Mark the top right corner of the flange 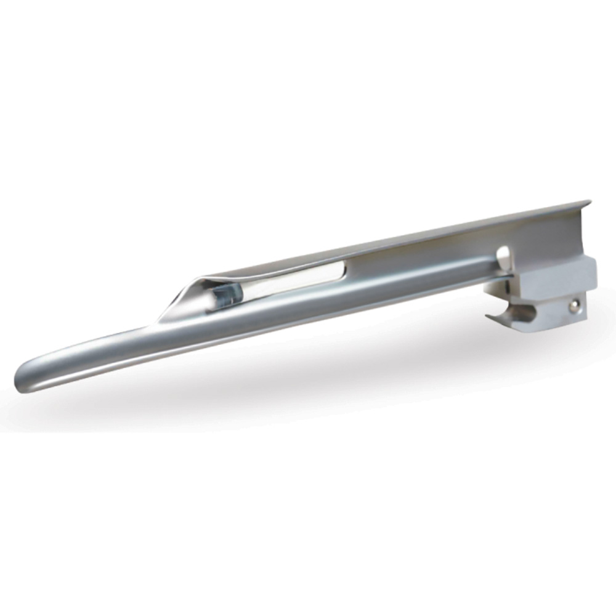click(x=590, y=202)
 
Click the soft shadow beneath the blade click(x=308, y=394)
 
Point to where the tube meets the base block click(x=493, y=277)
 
